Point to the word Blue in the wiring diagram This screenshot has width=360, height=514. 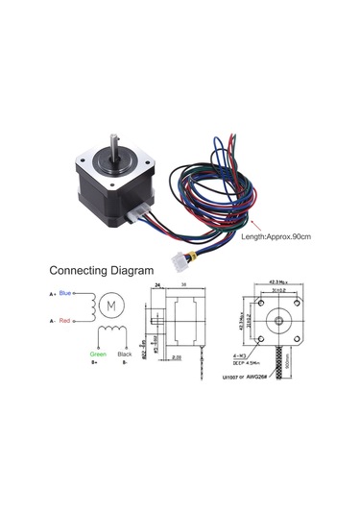(64, 292)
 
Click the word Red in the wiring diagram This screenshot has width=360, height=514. (64, 320)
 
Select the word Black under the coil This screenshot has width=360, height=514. (125, 355)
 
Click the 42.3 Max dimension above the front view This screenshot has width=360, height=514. (281, 282)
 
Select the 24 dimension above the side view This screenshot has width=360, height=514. (156, 285)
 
